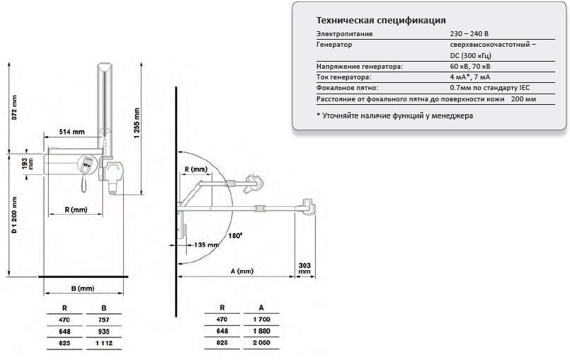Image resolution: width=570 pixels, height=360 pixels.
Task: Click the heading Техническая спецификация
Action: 380,20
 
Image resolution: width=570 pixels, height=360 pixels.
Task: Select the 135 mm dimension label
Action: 207,244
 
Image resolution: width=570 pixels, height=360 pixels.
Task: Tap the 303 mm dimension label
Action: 304,266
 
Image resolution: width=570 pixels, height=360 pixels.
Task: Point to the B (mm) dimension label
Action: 83,288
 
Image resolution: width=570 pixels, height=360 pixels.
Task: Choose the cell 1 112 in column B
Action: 103,343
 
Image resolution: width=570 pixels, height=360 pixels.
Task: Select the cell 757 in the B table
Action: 103,320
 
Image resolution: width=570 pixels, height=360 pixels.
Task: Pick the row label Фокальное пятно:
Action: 347,87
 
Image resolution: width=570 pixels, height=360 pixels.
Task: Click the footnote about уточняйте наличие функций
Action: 394,115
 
